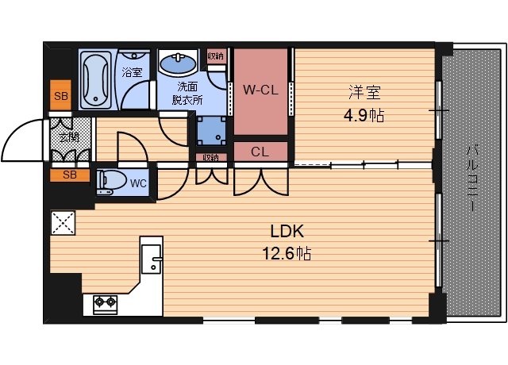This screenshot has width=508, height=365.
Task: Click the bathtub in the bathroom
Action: (97, 79)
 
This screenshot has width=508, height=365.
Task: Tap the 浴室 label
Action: (132, 72)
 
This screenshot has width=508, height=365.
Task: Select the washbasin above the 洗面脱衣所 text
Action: (177, 63)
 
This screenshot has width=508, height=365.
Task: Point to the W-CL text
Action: (259, 89)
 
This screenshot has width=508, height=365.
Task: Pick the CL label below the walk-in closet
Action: (260, 151)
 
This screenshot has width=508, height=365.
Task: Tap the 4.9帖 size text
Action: (364, 116)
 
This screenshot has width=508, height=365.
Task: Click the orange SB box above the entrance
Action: (60, 97)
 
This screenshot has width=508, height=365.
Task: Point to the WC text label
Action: (138, 183)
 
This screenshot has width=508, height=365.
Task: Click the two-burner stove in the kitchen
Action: (105, 302)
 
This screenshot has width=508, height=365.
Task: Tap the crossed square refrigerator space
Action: (62, 224)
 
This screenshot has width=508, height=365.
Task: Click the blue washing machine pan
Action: (211, 127)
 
